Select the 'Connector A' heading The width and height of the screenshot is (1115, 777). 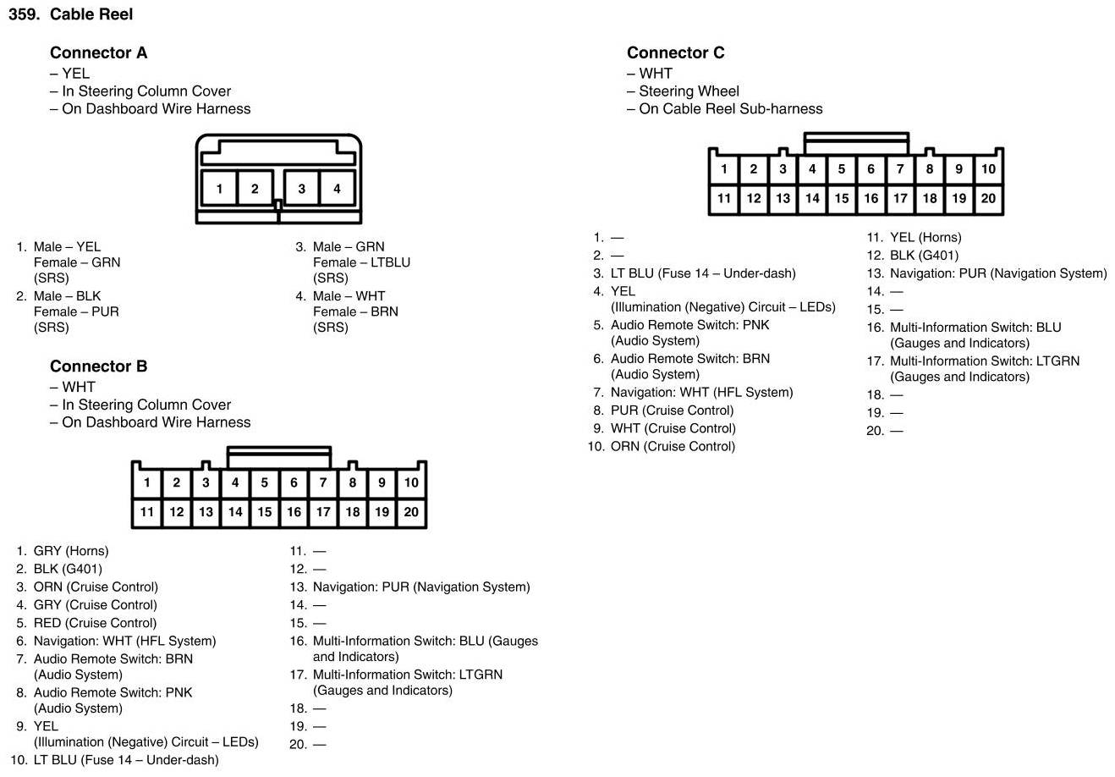pyautogui.click(x=98, y=52)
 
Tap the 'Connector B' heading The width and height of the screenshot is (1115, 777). pyautogui.click(x=98, y=366)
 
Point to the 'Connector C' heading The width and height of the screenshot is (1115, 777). pyautogui.click(x=675, y=52)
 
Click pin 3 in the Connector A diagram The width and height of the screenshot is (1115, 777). pyautogui.click(x=301, y=189)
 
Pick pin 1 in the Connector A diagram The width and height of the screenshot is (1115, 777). pyautogui.click(x=219, y=189)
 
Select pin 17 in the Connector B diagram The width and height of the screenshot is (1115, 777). pyautogui.click(x=323, y=512)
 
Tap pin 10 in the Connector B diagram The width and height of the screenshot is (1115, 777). pyautogui.click(x=411, y=482)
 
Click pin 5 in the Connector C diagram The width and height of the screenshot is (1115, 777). pyautogui.click(x=841, y=168)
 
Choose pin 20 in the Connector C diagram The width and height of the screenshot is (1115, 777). pyautogui.click(x=988, y=199)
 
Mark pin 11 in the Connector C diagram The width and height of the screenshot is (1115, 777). pyautogui.click(x=724, y=199)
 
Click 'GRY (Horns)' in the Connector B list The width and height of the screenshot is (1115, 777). pyautogui.click(x=71, y=551)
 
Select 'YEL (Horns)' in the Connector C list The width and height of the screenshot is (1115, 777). pyautogui.click(x=926, y=238)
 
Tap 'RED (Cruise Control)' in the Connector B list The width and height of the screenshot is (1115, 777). pyautogui.click(x=95, y=623)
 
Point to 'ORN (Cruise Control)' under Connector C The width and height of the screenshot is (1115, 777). pyautogui.click(x=673, y=446)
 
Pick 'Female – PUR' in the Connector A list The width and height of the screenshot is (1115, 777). pyautogui.click(x=76, y=311)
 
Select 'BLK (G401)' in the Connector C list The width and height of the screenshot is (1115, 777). pyautogui.click(x=924, y=256)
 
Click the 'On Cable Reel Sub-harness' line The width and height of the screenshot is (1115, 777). pyautogui.click(x=730, y=108)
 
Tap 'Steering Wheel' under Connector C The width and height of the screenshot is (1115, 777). pyautogui.click(x=689, y=91)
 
